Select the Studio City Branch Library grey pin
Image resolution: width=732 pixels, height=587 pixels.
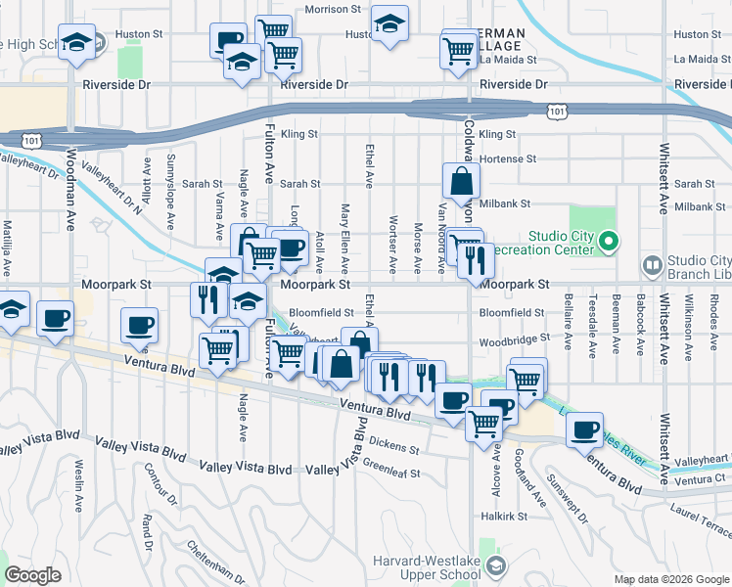[x=652, y=265]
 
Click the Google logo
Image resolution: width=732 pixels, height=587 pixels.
[x=32, y=576]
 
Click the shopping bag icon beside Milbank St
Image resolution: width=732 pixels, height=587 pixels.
[x=461, y=181]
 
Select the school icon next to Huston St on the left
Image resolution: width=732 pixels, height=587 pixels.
[x=76, y=43]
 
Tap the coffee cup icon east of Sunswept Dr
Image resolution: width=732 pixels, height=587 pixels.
[x=586, y=429]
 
